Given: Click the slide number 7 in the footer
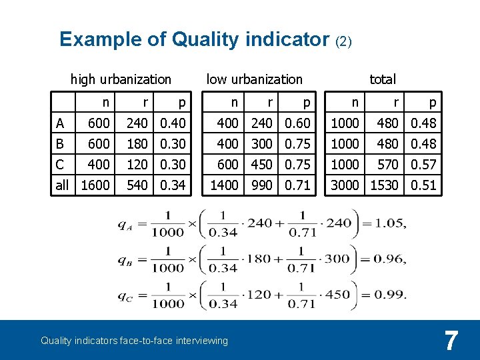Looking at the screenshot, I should pos(451,341).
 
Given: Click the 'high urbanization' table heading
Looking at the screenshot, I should pos(121,79).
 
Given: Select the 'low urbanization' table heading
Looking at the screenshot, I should pos(254,79).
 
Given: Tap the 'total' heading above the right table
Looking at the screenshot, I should pos(383,79).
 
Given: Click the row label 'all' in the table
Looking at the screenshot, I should pos(62,185).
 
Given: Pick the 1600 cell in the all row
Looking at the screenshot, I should pos(95,185).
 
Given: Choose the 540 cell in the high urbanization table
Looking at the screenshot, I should pos(137,185).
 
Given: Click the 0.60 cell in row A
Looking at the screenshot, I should pos(298,123).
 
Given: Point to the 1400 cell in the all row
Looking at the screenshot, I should pos(225,185).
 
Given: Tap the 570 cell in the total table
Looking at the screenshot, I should pos(387,165).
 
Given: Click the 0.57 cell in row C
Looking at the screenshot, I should pos(423,165).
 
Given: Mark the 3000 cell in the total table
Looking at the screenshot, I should pos(345,185).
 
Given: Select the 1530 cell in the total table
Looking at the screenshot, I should pos(384,185).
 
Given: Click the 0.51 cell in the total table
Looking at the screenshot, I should pos(423,185).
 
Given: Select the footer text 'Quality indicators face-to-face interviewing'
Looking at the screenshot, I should pos(134,341).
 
